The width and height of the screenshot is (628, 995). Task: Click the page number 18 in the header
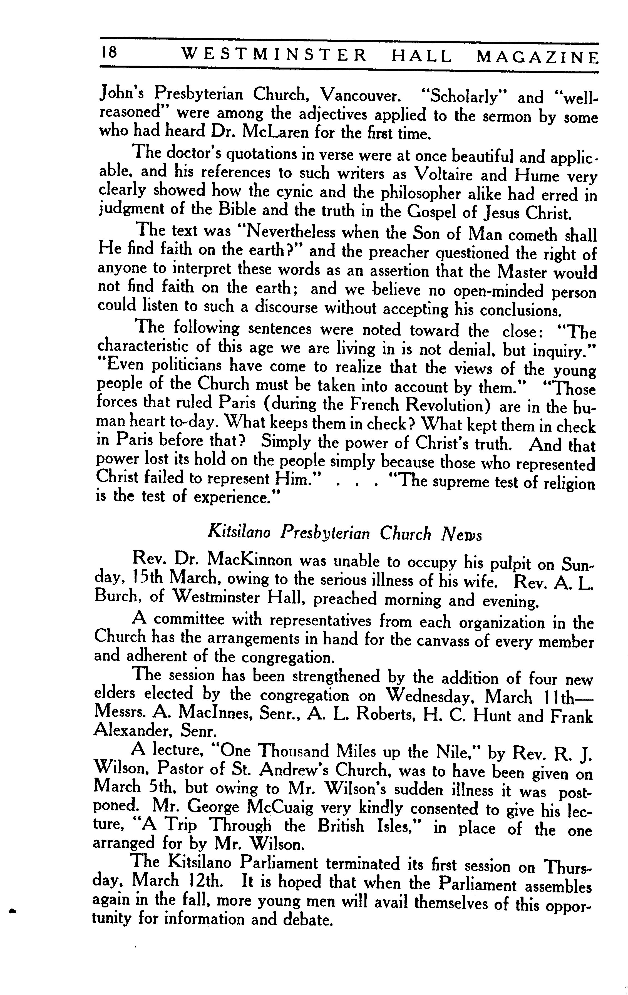click(108, 53)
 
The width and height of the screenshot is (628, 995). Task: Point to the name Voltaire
click(443, 174)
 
